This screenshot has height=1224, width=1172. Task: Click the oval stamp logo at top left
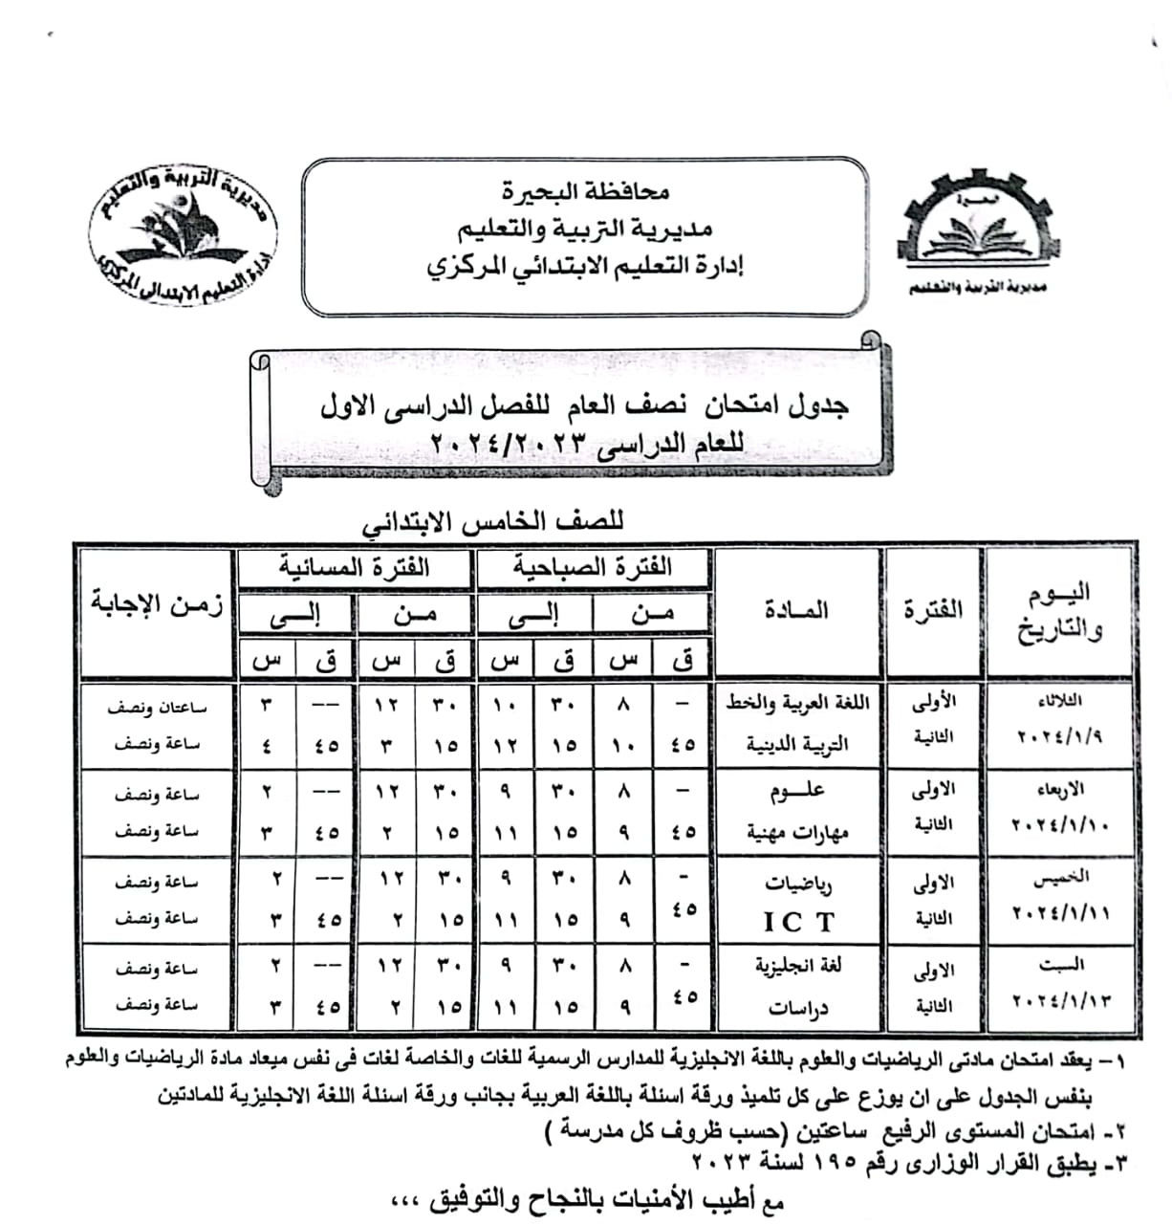pyautogui.click(x=181, y=235)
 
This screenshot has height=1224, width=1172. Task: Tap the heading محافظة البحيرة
pyautogui.click(x=585, y=191)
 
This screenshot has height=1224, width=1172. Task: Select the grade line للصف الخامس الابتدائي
pyautogui.click(x=491, y=523)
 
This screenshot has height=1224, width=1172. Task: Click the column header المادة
pyautogui.click(x=796, y=610)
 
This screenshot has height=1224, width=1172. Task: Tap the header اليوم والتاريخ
pyautogui.click(x=1061, y=612)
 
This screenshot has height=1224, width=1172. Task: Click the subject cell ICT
pyautogui.click(x=798, y=922)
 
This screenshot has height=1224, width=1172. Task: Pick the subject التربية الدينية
pyautogui.click(x=798, y=744)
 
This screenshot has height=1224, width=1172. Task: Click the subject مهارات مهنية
pyautogui.click(x=798, y=832)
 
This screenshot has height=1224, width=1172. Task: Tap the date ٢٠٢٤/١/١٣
pyautogui.click(x=1061, y=1001)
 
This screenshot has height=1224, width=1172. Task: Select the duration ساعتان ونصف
pyautogui.click(x=157, y=708)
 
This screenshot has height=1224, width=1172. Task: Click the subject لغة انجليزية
pyautogui.click(x=798, y=966)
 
